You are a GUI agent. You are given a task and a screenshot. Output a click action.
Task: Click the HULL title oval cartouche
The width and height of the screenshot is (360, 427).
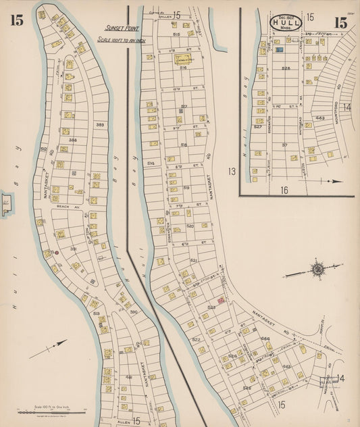click(286, 22)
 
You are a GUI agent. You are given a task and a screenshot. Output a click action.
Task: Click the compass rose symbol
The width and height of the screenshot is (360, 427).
click(317, 269)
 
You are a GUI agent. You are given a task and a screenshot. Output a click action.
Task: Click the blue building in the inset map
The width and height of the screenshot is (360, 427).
click(278, 50)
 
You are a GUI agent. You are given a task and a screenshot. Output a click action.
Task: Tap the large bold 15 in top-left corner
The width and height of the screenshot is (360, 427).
click(16, 20)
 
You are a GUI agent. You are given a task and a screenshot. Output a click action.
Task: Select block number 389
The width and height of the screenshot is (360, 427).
click(99, 125)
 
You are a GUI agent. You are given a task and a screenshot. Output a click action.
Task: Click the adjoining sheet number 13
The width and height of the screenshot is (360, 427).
click(232, 172)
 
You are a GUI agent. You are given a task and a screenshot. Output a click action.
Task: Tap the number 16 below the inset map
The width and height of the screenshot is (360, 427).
click(284, 191)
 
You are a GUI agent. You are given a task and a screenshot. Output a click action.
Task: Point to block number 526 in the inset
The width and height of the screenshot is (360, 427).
click(286, 68)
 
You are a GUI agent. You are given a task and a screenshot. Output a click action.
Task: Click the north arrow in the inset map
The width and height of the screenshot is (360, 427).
click(328, 181)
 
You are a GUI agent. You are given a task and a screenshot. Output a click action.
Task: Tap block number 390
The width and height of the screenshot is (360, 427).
click(133, 311)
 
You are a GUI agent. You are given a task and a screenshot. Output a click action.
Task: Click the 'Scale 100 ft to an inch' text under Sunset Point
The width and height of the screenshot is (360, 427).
click(122, 40)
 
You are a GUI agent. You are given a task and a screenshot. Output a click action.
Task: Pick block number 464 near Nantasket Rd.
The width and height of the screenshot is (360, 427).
click(265, 338)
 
